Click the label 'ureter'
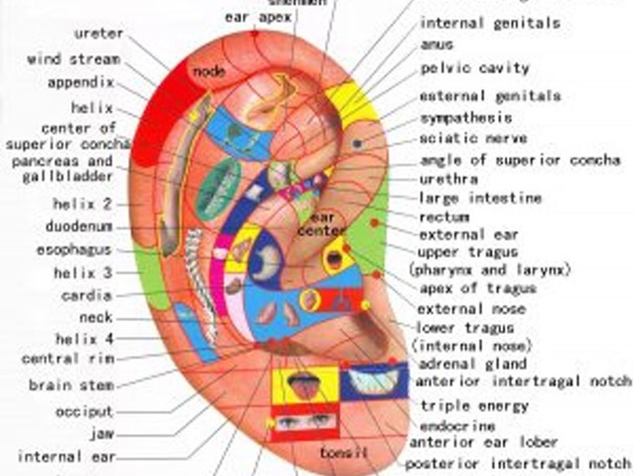tap(99, 34)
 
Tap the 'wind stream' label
tap(74, 60)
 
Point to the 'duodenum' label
tap(79, 227)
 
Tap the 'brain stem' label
tap(71, 386)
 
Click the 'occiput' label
tap(84, 412)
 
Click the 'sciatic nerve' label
tap(473, 138)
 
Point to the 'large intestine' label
tap(480, 198)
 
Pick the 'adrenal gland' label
tap(473, 364)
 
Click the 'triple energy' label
tap(474, 406)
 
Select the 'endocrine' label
tap(457, 426)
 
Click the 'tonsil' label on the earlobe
tap(344, 453)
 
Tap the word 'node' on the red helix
tap(208, 71)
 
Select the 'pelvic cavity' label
tap(475, 68)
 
